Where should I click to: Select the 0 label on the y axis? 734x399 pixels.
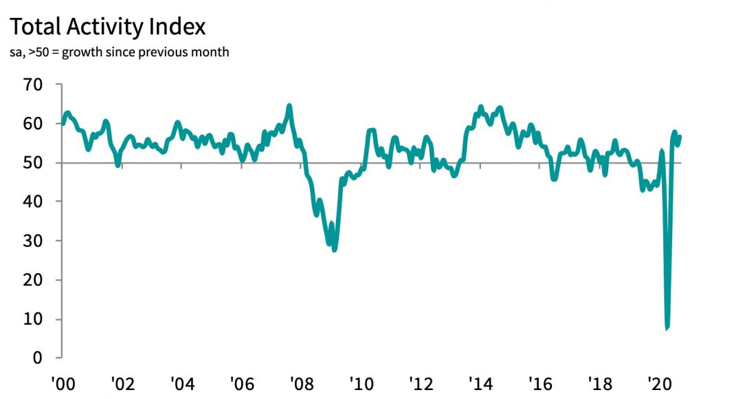tap(38, 358)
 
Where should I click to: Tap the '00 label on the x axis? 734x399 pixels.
tap(63, 382)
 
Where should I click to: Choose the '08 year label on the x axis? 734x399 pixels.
tap(300, 382)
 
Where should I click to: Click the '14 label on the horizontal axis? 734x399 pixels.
tap(478, 382)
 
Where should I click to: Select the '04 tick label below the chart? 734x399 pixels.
tap(181, 382)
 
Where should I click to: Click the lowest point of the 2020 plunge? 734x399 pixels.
tap(667, 328)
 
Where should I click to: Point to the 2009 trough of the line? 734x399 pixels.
tap(335, 250)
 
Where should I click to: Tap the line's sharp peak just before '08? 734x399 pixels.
tap(289, 105)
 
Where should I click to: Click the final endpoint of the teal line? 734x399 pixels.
tap(680, 136)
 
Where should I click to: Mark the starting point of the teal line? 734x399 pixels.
tap(63, 123)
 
